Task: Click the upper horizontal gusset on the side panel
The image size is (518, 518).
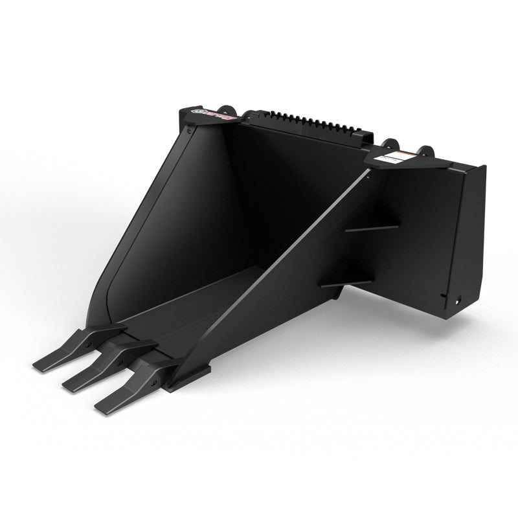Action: coord(372,227)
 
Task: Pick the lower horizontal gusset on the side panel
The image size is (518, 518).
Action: coord(346,284)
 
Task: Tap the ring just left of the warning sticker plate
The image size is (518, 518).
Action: coord(388,144)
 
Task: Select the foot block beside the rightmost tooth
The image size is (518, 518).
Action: coord(188,379)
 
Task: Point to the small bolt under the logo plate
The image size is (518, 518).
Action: coord(187,130)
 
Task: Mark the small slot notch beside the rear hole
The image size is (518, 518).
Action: coord(444,297)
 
